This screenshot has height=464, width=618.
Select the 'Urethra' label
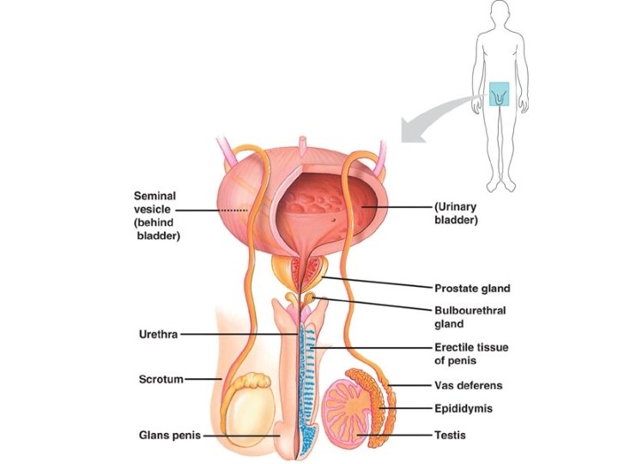click(x=158, y=333)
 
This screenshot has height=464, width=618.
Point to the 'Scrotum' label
click(x=161, y=379)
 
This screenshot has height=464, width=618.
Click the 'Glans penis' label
click(x=169, y=435)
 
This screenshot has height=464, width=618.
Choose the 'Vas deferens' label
click(x=469, y=386)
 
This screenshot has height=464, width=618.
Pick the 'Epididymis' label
click(x=463, y=409)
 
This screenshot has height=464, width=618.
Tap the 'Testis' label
click(x=451, y=435)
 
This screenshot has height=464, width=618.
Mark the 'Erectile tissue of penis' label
click(x=470, y=353)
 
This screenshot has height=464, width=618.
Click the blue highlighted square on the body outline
click(x=500, y=94)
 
